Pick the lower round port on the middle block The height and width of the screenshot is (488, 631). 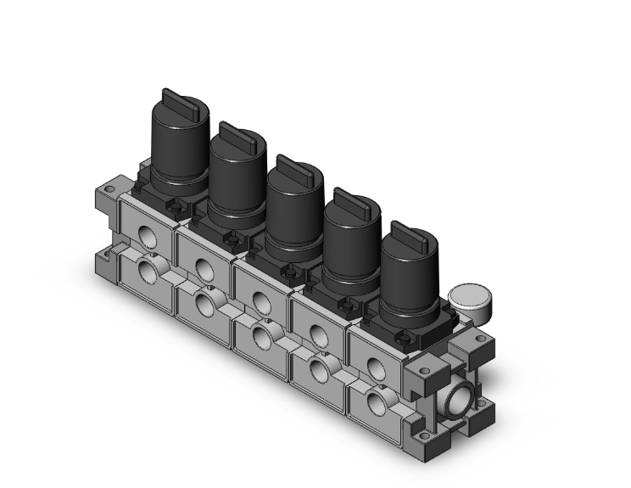pos(260,336)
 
